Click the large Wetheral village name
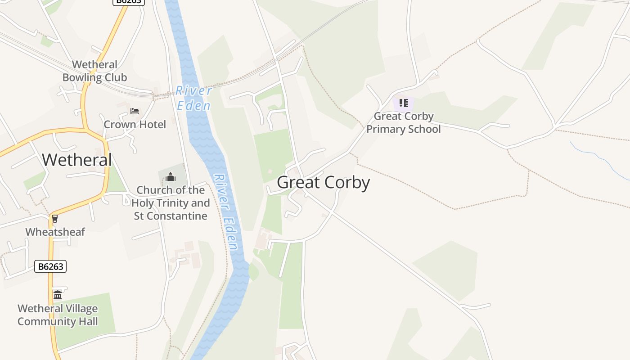pos(76,160)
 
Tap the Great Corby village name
pos(323,182)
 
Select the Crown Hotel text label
pos(135,124)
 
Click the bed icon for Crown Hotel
pos(134,111)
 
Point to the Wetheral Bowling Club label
pos(94,71)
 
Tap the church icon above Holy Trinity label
pos(171,177)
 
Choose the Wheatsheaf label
pos(55,232)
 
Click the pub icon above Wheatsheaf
pos(55,219)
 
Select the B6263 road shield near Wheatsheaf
pos(50,266)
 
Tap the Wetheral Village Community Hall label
pos(58,315)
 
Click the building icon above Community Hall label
pos(58,295)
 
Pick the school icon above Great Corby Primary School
pos(404,103)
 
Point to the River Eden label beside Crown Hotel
pos(193,98)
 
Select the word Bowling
pos(81,77)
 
